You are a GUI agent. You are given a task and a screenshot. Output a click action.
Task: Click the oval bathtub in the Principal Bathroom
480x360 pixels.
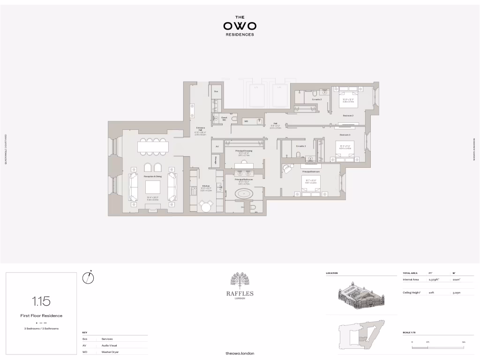coord(243,194)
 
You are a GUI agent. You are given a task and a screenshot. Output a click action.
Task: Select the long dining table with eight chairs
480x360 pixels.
coord(153,147)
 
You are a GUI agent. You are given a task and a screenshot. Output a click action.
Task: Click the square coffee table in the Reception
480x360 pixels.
coord(153,187)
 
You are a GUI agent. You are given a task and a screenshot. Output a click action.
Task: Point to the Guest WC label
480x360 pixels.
coord(224,119)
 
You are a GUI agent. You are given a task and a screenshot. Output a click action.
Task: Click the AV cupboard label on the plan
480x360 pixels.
coord(217,147)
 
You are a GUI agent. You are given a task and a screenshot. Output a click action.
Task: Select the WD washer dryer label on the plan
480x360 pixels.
coord(246,121)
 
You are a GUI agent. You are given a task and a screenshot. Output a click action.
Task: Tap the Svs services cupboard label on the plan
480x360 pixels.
coord(216,91)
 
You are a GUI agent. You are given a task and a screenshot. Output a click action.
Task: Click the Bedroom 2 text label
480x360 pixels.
coord(347,115)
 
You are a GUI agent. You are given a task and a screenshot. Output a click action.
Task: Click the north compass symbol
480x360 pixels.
coord(88,277)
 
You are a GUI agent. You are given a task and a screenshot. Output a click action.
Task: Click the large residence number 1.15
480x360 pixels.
coord(41,301)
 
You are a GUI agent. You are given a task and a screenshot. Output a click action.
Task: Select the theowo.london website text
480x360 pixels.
coord(240,353)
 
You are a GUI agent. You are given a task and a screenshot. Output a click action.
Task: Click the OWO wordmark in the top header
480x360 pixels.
coord(240,26)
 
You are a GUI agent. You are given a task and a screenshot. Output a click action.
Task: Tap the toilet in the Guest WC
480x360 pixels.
coord(234,119)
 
